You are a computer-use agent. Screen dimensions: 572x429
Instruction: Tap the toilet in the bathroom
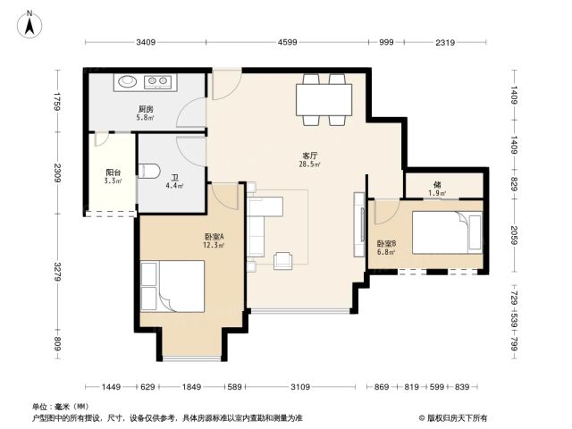pyautogui.click(x=149, y=171)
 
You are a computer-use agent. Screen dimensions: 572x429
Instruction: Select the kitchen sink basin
pyautogui.click(x=127, y=81)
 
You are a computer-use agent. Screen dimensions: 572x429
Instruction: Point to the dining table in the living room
pyautogui.click(x=324, y=99)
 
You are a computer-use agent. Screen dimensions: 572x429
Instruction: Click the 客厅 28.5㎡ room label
pyautogui.click(x=310, y=160)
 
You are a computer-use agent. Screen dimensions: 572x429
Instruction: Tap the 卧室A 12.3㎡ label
pyautogui.click(x=214, y=240)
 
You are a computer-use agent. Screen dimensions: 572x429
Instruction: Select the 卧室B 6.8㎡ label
pyautogui.click(x=386, y=248)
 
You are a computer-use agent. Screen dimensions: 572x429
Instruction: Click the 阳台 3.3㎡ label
pyautogui.click(x=114, y=176)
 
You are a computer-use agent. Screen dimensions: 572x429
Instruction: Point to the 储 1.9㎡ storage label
pyautogui.click(x=437, y=189)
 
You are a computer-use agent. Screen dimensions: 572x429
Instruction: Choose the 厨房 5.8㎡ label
pyautogui.click(x=145, y=114)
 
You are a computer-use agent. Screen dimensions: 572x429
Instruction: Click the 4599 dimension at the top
pyautogui.click(x=288, y=42)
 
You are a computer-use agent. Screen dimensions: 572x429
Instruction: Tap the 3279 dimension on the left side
pyautogui.click(x=57, y=272)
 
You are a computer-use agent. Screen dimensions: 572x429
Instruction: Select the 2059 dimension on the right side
pyautogui.click(x=514, y=236)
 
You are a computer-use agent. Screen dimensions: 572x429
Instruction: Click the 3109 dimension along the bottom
pyautogui.click(x=300, y=387)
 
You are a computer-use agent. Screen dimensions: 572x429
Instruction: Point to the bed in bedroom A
pyautogui.click(x=172, y=286)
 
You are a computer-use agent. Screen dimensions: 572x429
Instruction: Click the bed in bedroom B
pyautogui.click(x=447, y=232)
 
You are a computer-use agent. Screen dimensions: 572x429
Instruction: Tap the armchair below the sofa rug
pyautogui.click(x=283, y=260)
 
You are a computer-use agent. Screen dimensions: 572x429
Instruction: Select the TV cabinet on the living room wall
pyautogui.click(x=359, y=224)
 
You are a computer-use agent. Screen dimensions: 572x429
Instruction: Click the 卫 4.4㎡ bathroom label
pyautogui.click(x=175, y=181)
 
